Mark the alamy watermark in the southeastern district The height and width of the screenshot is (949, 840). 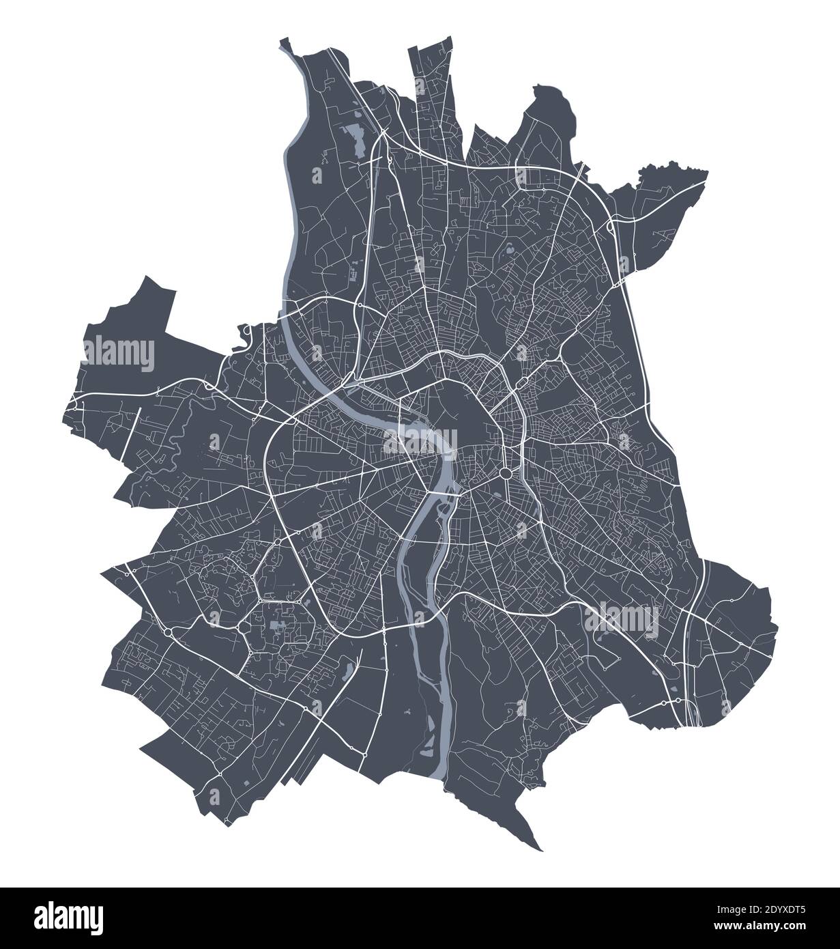tap(621, 619)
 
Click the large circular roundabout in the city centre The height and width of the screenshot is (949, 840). tap(506, 474)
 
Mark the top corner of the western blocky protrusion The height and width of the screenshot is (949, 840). tap(145, 277)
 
